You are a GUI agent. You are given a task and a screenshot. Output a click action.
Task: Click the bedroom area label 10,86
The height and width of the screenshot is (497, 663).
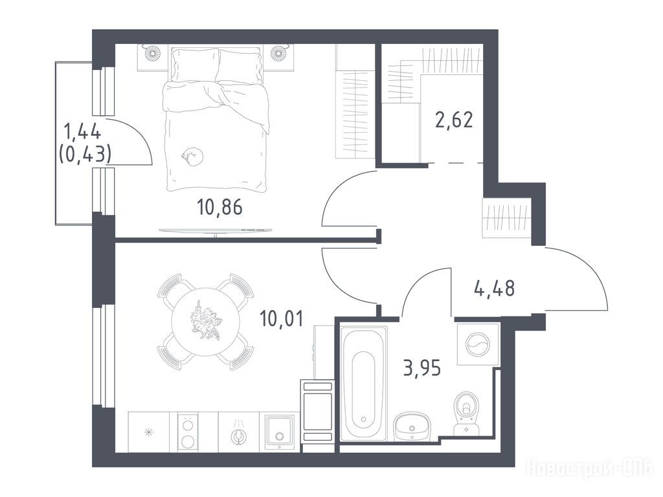(x=219, y=207)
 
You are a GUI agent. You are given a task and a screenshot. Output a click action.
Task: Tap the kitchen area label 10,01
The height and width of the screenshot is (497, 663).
(x=282, y=318)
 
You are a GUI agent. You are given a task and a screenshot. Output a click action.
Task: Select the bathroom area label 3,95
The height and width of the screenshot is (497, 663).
(x=422, y=368)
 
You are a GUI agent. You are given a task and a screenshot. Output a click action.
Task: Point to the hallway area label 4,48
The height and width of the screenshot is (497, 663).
(x=494, y=289)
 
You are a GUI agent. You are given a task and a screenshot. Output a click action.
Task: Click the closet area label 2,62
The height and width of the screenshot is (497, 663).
(x=454, y=120)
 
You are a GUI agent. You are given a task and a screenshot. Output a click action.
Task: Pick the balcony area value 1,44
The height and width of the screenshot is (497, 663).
(x=82, y=132)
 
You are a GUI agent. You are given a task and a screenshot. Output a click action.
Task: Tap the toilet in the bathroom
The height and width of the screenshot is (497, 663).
(x=466, y=414)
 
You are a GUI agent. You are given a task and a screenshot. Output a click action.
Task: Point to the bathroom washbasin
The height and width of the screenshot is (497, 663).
(x=412, y=426)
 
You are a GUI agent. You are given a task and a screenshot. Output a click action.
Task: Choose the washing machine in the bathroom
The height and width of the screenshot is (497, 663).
(x=478, y=344)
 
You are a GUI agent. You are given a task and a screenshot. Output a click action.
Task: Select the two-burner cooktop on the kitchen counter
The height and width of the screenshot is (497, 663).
(x=187, y=432)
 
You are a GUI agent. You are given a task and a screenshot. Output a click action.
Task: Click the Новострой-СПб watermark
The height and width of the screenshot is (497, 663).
(x=589, y=469)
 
